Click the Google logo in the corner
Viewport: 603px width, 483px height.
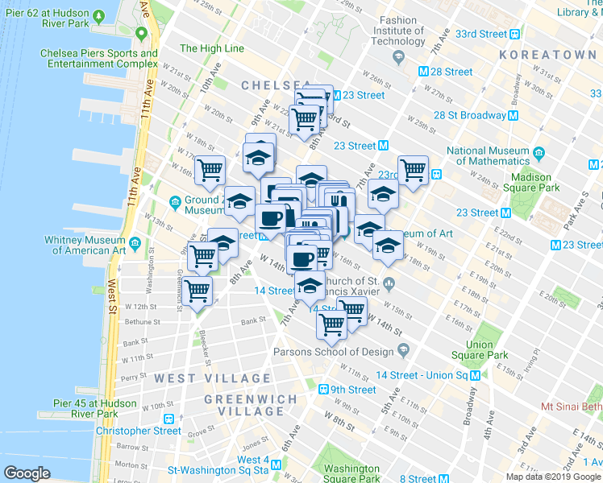(x=27, y=473)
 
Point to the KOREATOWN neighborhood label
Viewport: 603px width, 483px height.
(x=547, y=55)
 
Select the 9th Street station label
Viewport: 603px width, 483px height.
(x=352, y=390)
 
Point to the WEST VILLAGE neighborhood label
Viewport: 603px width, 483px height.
(x=213, y=378)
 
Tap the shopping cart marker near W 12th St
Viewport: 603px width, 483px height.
(x=198, y=291)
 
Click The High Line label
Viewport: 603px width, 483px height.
(x=211, y=48)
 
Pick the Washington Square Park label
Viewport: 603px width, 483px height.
(x=352, y=474)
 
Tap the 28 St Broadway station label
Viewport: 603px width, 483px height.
(x=470, y=115)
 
